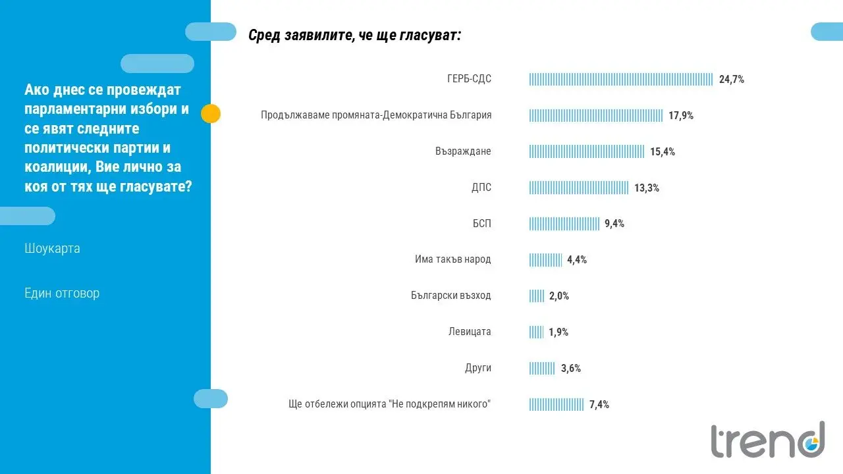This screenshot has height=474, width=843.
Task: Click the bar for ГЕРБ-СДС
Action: click(x=620, y=80)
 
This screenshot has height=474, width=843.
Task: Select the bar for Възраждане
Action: click(x=586, y=151)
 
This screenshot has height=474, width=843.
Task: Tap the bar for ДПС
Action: click(x=578, y=188)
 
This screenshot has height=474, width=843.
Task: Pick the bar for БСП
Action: click(x=564, y=224)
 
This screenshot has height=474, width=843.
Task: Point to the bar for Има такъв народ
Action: click(x=545, y=260)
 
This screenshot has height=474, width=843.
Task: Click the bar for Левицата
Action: click(x=536, y=332)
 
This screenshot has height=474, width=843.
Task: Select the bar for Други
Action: click(x=542, y=368)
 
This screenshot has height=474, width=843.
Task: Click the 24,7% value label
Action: click(x=731, y=80)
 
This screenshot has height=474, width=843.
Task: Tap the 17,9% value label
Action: click(x=681, y=116)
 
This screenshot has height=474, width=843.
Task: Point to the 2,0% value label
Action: click(x=558, y=296)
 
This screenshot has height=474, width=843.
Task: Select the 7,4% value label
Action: click(x=599, y=404)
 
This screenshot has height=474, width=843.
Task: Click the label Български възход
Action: click(x=450, y=296)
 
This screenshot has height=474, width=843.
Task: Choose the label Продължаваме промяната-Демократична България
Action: click(x=376, y=115)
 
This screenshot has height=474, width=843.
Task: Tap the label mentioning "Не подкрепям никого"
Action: click(x=390, y=404)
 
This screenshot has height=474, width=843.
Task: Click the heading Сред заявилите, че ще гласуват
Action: click(x=354, y=36)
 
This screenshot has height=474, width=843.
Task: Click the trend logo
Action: click(x=767, y=440)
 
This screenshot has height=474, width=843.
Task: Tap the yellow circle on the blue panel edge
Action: click(x=210, y=114)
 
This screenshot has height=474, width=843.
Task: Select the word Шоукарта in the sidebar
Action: click(x=52, y=249)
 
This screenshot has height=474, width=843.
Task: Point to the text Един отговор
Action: click(x=62, y=293)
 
